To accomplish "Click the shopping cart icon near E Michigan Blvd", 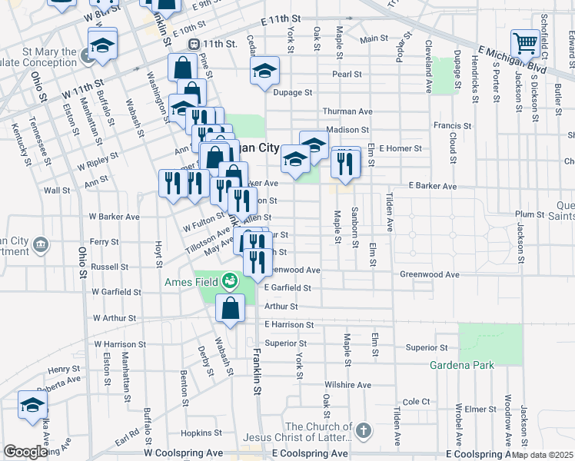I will point(525,42).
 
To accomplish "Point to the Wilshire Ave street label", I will point(347,385).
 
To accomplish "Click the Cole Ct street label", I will point(416,401).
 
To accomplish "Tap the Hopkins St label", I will point(196,433).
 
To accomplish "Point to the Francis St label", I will point(452,125).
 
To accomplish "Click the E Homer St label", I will point(401,148).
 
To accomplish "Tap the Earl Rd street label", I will point(127,437).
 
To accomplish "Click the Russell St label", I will point(109,267).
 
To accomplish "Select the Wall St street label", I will point(58,190).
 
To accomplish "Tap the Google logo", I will point(25,452).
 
